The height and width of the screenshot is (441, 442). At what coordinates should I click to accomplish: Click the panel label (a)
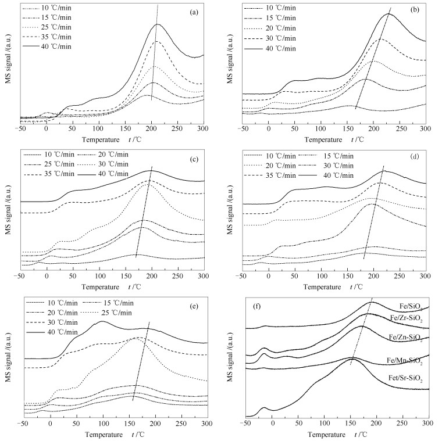pyautogui.click(x=190, y=12)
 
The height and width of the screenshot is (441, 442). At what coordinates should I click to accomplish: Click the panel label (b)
pyautogui.click(x=412, y=12)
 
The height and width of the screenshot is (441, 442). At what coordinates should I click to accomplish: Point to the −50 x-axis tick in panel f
pyautogui.click(x=245, y=424)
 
